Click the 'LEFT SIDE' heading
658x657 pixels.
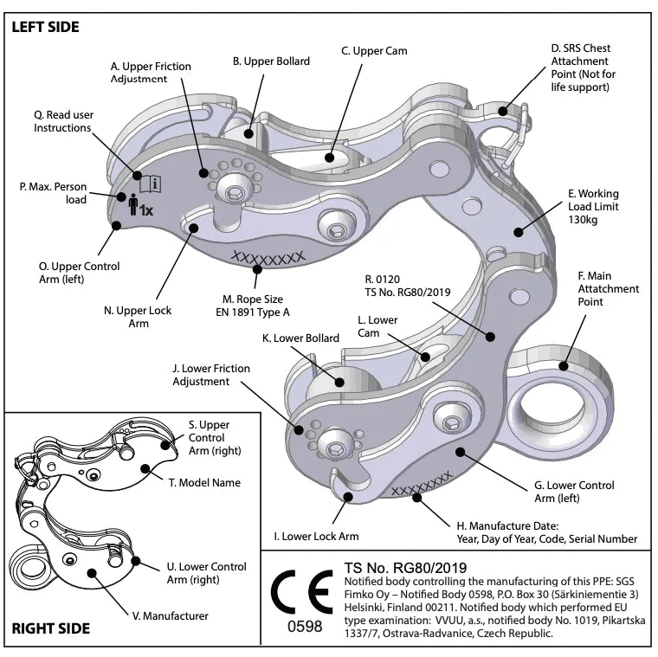[45, 27]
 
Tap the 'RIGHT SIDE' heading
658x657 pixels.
[51, 628]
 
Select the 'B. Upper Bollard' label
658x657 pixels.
[271, 61]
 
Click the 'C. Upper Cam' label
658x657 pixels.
[374, 51]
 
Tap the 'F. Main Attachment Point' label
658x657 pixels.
[608, 289]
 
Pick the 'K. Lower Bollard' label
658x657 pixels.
[301, 338]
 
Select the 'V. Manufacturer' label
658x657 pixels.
[171, 615]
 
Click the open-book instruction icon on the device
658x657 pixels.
[150, 183]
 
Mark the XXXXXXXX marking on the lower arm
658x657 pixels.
[421, 485]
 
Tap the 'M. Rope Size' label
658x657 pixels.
[252, 305]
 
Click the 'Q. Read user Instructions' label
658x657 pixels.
[62, 121]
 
